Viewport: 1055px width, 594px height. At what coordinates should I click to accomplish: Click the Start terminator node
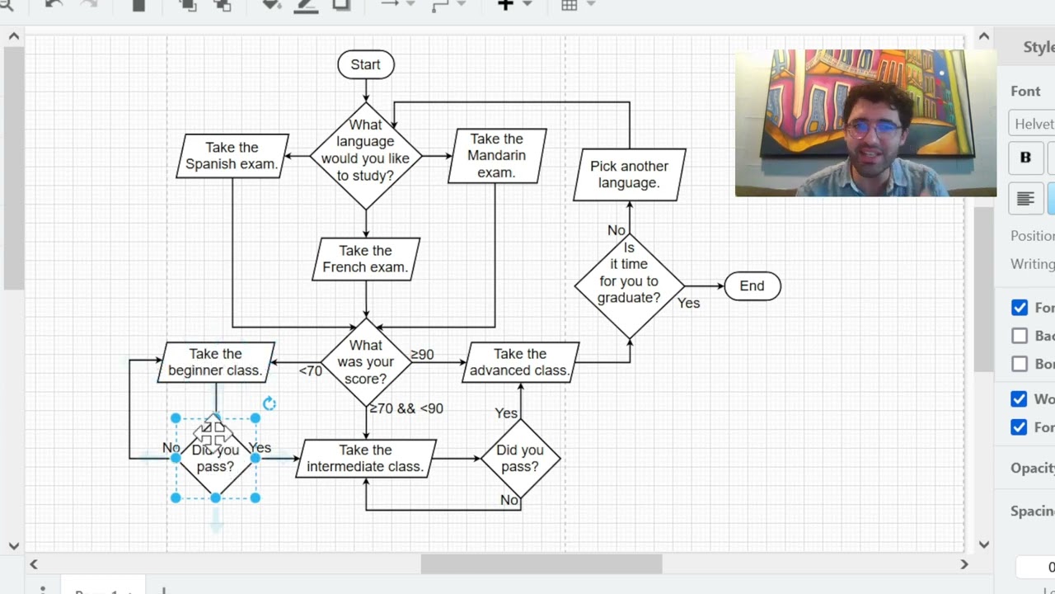[365, 64]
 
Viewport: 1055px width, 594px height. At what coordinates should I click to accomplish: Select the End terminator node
[752, 286]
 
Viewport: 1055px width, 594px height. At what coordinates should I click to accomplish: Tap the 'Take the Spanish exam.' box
[232, 156]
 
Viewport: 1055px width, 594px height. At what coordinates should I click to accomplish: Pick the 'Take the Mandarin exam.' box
[496, 156]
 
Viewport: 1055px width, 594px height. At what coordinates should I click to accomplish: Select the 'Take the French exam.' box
[365, 259]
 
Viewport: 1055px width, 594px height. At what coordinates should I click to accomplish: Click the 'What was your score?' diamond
[365, 362]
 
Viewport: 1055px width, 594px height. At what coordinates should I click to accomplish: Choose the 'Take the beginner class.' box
[215, 362]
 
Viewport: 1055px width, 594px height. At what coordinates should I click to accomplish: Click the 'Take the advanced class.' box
[520, 362]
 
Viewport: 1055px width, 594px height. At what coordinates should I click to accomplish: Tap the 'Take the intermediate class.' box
[365, 459]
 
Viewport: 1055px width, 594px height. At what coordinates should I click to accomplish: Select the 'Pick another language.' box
[629, 174]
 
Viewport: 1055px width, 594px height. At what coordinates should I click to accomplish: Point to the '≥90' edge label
[422, 355]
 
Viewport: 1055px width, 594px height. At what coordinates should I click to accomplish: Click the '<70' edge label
[311, 371]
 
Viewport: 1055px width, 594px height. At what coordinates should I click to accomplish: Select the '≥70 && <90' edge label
[406, 408]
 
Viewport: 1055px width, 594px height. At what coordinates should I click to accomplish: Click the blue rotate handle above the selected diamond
[270, 403]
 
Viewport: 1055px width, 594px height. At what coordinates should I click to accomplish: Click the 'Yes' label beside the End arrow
[688, 304]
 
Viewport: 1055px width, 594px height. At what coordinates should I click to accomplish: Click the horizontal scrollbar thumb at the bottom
[541, 564]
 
